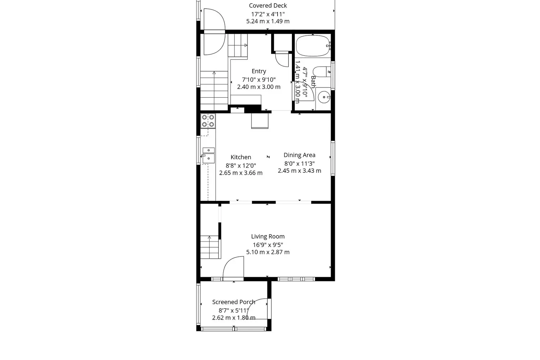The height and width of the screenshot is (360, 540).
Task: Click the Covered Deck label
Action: [268, 5]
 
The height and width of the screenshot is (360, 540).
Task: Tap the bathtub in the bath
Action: [313, 46]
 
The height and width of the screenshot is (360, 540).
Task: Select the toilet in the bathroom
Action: [322, 72]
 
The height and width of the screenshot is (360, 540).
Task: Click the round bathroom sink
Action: [323, 97]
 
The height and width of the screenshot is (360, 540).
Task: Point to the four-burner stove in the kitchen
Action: [208, 121]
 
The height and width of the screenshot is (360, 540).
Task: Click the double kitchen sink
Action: [208, 155]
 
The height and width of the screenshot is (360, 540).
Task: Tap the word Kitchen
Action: [241, 157]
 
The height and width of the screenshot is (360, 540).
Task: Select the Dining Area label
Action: [300, 155]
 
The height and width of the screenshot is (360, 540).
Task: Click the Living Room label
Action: [268, 236]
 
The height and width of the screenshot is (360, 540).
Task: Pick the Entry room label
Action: [259, 71]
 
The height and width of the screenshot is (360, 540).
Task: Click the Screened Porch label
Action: [234, 302]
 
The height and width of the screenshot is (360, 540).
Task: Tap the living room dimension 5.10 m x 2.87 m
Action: [268, 252]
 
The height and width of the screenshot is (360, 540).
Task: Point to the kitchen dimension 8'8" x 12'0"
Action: [241, 166]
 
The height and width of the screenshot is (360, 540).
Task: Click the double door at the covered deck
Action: [214, 32]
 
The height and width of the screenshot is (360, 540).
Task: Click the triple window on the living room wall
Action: [296, 279]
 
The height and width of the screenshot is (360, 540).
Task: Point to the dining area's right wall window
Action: [333, 158]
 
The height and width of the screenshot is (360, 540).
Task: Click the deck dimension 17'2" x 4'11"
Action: [268, 14]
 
